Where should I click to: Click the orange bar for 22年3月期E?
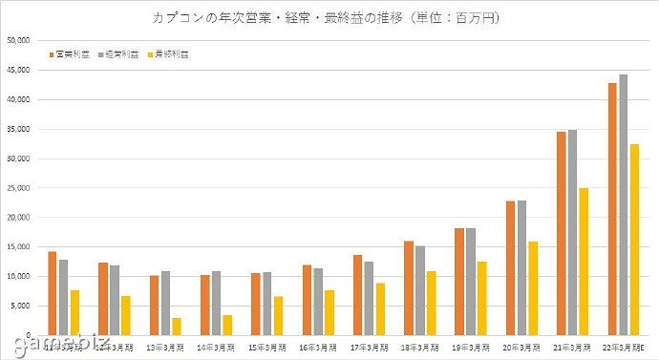pyautogui.click(x=612, y=209)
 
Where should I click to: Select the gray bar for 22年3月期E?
pyautogui.click(x=624, y=204)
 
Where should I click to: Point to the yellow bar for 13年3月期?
pyautogui.click(x=177, y=326)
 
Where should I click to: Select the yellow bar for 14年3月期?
pyautogui.click(x=227, y=325)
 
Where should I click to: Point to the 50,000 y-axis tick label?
pyautogui.click(x=19, y=40)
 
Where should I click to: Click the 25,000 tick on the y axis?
pyautogui.click(x=19, y=188)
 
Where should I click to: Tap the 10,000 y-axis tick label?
pyautogui.click(x=19, y=276)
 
